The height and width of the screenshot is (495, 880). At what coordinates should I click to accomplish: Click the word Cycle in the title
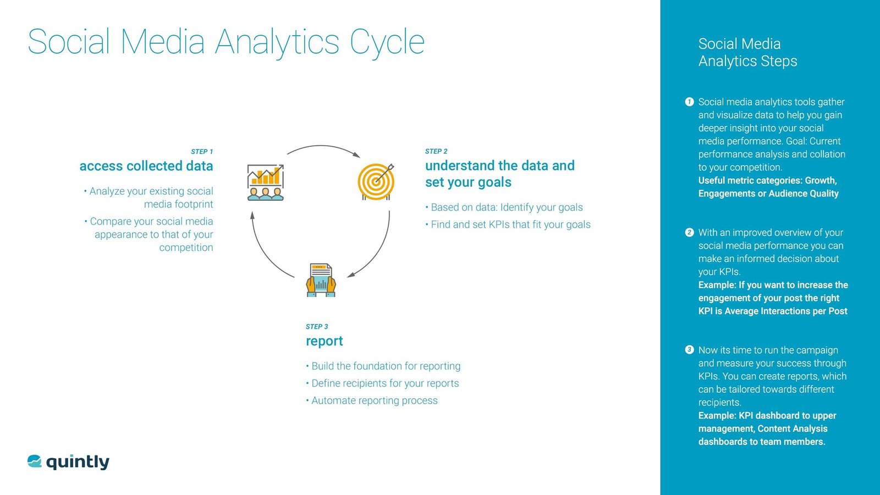(387, 42)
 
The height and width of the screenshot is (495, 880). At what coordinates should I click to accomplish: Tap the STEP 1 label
(201, 152)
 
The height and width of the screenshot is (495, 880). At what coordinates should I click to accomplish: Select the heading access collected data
(146, 166)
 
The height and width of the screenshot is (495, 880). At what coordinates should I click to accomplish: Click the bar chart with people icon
(266, 182)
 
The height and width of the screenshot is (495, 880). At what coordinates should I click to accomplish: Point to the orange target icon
(376, 182)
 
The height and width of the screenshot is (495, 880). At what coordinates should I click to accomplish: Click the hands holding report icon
(321, 280)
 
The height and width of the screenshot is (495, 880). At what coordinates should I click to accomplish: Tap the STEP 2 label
(436, 151)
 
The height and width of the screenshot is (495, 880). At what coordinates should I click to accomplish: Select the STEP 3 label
(317, 327)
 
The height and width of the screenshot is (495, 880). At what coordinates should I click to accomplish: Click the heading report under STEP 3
(324, 341)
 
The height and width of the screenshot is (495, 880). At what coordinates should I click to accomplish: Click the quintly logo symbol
(35, 461)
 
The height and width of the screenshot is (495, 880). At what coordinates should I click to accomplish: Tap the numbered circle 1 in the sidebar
(689, 102)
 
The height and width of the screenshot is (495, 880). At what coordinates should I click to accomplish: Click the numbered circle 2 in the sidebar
(689, 233)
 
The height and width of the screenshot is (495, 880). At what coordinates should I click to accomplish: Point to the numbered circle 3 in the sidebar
(689, 350)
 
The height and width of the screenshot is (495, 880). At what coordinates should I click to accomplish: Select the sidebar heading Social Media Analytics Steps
(747, 52)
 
